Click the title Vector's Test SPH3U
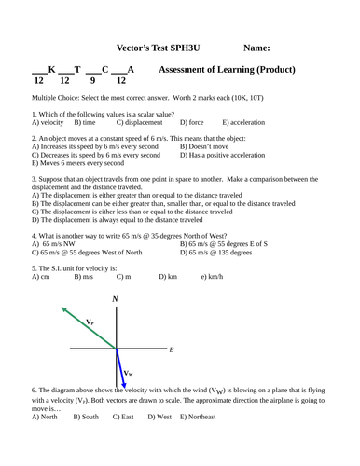[154, 46]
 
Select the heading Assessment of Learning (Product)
[228, 70]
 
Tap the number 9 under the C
[104, 81]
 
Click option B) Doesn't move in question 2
[209, 146]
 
